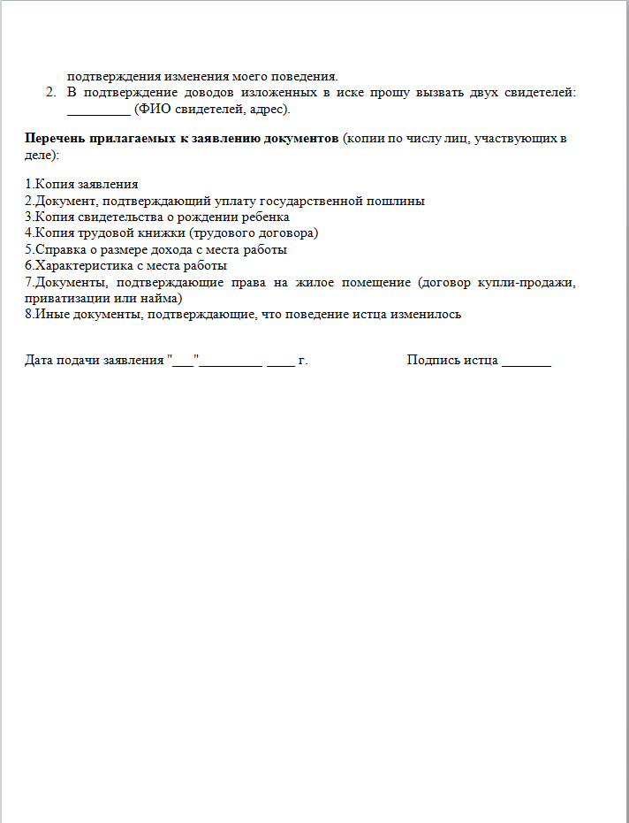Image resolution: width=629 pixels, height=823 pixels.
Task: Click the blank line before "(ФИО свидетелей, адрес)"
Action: coord(98,110)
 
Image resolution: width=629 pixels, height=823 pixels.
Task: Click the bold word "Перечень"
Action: coord(54,139)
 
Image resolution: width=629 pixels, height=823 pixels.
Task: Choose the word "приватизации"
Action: coord(63,298)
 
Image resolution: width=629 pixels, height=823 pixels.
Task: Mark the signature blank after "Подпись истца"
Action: coord(527,362)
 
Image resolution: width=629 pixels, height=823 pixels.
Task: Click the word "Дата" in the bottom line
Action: coord(40,361)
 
